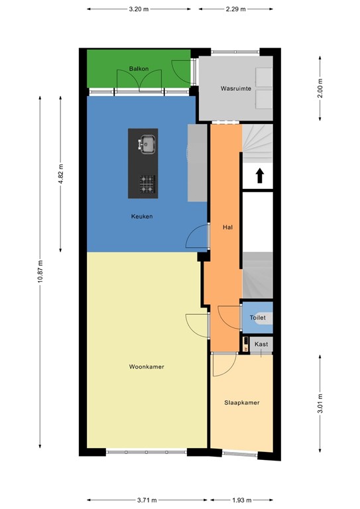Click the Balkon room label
138,69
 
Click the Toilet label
258,318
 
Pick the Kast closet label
261,344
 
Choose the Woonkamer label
147,367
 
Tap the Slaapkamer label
241,402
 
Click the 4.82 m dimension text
60,174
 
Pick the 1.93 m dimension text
241,499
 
